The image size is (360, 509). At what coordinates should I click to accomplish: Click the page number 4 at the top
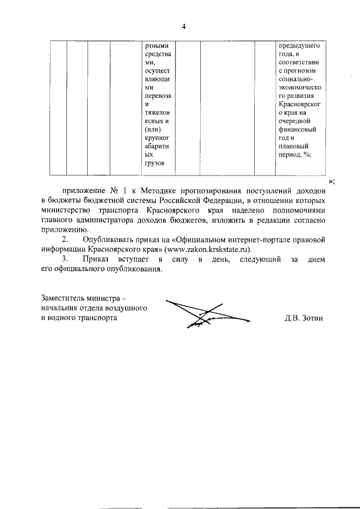point(183,26)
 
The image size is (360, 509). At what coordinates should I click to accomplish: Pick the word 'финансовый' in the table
point(296,129)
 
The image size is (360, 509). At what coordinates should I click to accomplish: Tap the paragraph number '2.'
point(65,240)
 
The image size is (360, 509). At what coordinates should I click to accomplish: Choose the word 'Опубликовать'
point(109,240)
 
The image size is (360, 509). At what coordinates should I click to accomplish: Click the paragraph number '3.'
point(65,259)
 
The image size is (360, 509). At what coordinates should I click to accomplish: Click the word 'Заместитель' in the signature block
point(64,298)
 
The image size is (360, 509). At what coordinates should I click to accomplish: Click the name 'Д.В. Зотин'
point(304,318)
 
